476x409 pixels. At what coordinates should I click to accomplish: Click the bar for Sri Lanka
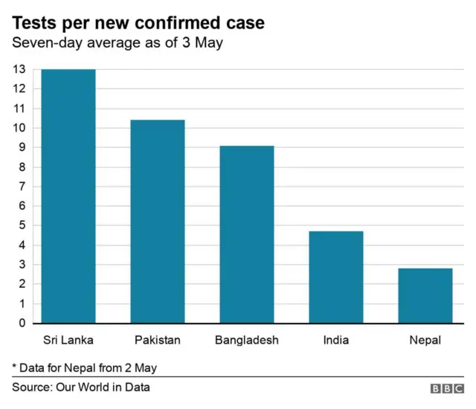coord(68,196)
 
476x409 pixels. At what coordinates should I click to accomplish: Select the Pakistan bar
coord(158,222)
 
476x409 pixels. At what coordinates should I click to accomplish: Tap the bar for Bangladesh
coord(247,234)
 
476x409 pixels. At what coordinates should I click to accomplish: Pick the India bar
coord(336,277)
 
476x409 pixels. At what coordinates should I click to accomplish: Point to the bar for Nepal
coord(425,296)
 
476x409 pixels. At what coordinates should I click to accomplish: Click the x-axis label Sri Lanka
coord(68,341)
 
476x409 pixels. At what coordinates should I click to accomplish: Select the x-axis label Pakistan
coord(158,341)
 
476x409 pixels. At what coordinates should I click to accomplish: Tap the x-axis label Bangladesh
coord(247,341)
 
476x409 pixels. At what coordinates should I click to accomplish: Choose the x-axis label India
coord(336,341)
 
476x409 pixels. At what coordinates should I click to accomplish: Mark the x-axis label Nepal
coord(425,341)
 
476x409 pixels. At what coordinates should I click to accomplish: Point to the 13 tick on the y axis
coord(19,69)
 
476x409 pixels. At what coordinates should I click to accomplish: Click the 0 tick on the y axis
coord(22,323)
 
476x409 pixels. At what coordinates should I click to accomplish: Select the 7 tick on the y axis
coord(22,187)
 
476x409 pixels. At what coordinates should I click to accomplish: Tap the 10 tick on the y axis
coord(19,128)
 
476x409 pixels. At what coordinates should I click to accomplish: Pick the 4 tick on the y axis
coord(22,245)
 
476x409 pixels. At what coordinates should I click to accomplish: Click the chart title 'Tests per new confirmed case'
coord(138,23)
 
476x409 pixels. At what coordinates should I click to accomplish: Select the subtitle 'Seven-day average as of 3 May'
coord(117,43)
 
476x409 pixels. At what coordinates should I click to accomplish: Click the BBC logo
coord(446,388)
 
